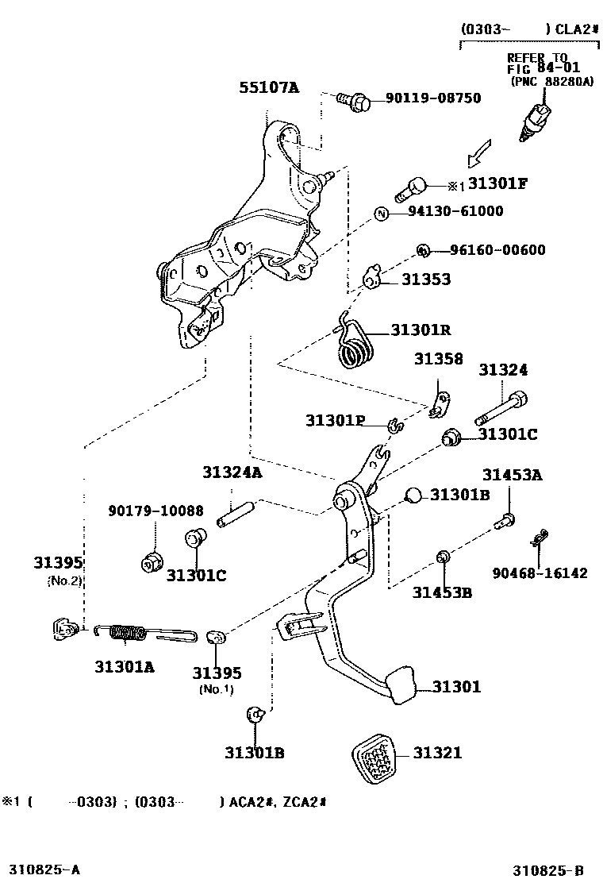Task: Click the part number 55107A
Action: (269, 88)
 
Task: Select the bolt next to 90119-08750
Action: (352, 100)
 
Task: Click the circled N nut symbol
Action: (381, 213)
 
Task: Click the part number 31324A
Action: (232, 472)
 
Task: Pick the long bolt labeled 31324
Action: (501, 407)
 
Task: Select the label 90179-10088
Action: (156, 510)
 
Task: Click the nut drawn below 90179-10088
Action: (151, 561)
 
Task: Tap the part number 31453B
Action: (441, 592)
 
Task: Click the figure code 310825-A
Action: (45, 870)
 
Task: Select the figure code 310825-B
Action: (553, 870)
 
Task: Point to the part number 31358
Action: (438, 359)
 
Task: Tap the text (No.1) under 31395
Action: (216, 688)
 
